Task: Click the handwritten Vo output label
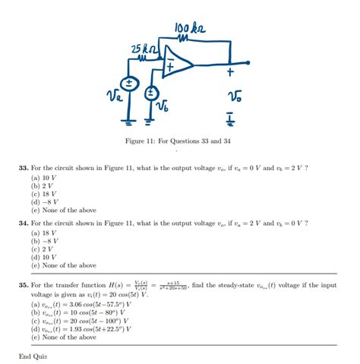click(234, 97)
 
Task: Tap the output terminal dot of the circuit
click(248, 63)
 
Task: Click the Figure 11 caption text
click(180, 141)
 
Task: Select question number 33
click(25, 167)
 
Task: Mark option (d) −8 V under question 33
click(45, 202)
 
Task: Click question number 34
click(25, 224)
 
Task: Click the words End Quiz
click(33, 355)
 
